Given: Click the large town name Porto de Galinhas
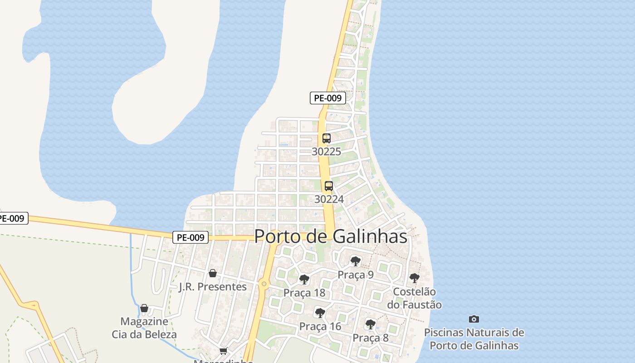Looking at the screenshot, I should (x=331, y=236).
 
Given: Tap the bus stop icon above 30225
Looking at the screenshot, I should (x=326, y=138).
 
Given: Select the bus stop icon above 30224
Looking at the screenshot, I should (x=329, y=186).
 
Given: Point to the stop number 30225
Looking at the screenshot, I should (x=326, y=152).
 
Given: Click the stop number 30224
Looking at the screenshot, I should (x=329, y=199).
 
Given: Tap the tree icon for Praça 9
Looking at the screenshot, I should (x=356, y=261).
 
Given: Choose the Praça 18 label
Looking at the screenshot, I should (x=304, y=293).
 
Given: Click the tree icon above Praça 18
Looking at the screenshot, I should (x=304, y=280).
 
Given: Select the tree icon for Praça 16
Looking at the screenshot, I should (x=320, y=313).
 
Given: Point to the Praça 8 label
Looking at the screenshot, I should (x=371, y=338).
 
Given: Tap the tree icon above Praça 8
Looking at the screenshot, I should (x=371, y=324).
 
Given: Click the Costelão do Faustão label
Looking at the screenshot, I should (x=414, y=298).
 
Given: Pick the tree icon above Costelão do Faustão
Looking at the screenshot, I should (x=414, y=278).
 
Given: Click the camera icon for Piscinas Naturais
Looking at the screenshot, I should (x=474, y=319).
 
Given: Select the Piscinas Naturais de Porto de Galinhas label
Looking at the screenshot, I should (x=474, y=339).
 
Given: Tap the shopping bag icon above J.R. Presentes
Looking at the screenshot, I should (x=212, y=273).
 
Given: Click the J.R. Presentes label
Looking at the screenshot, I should (x=213, y=287).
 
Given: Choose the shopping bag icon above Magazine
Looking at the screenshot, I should (x=144, y=309).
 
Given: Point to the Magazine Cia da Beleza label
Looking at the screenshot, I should (x=144, y=328).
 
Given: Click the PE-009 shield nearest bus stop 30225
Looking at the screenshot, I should (x=328, y=98).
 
